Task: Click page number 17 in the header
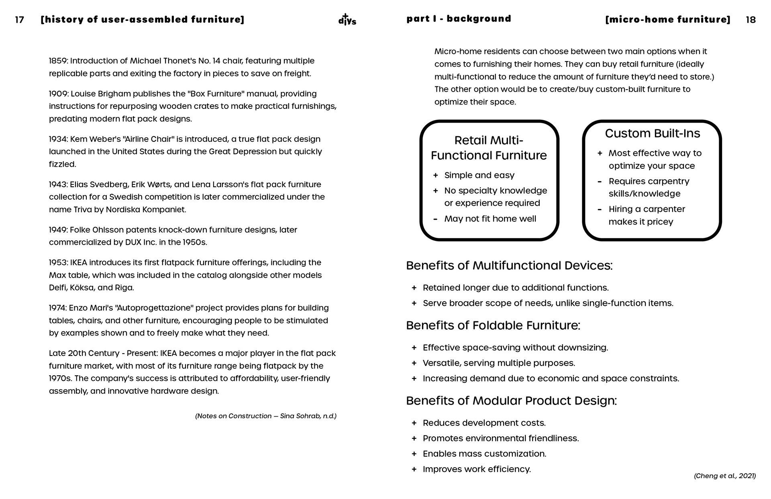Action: pos(19,20)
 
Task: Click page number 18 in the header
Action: pos(751,20)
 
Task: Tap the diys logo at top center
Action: pos(347,20)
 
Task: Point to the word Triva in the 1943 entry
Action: pos(82,209)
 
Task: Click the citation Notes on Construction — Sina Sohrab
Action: pos(265,416)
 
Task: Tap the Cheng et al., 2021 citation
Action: pos(724,476)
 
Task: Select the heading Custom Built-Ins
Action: pos(652,133)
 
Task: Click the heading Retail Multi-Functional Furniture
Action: pos(489,148)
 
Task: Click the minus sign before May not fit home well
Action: pos(435,219)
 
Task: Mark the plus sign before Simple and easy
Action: pos(435,176)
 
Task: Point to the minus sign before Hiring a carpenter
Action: pos(600,209)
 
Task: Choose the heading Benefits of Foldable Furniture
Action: pos(493,325)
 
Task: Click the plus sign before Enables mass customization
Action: pos(414,454)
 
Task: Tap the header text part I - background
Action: pos(459,19)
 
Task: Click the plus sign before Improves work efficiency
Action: pos(414,469)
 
